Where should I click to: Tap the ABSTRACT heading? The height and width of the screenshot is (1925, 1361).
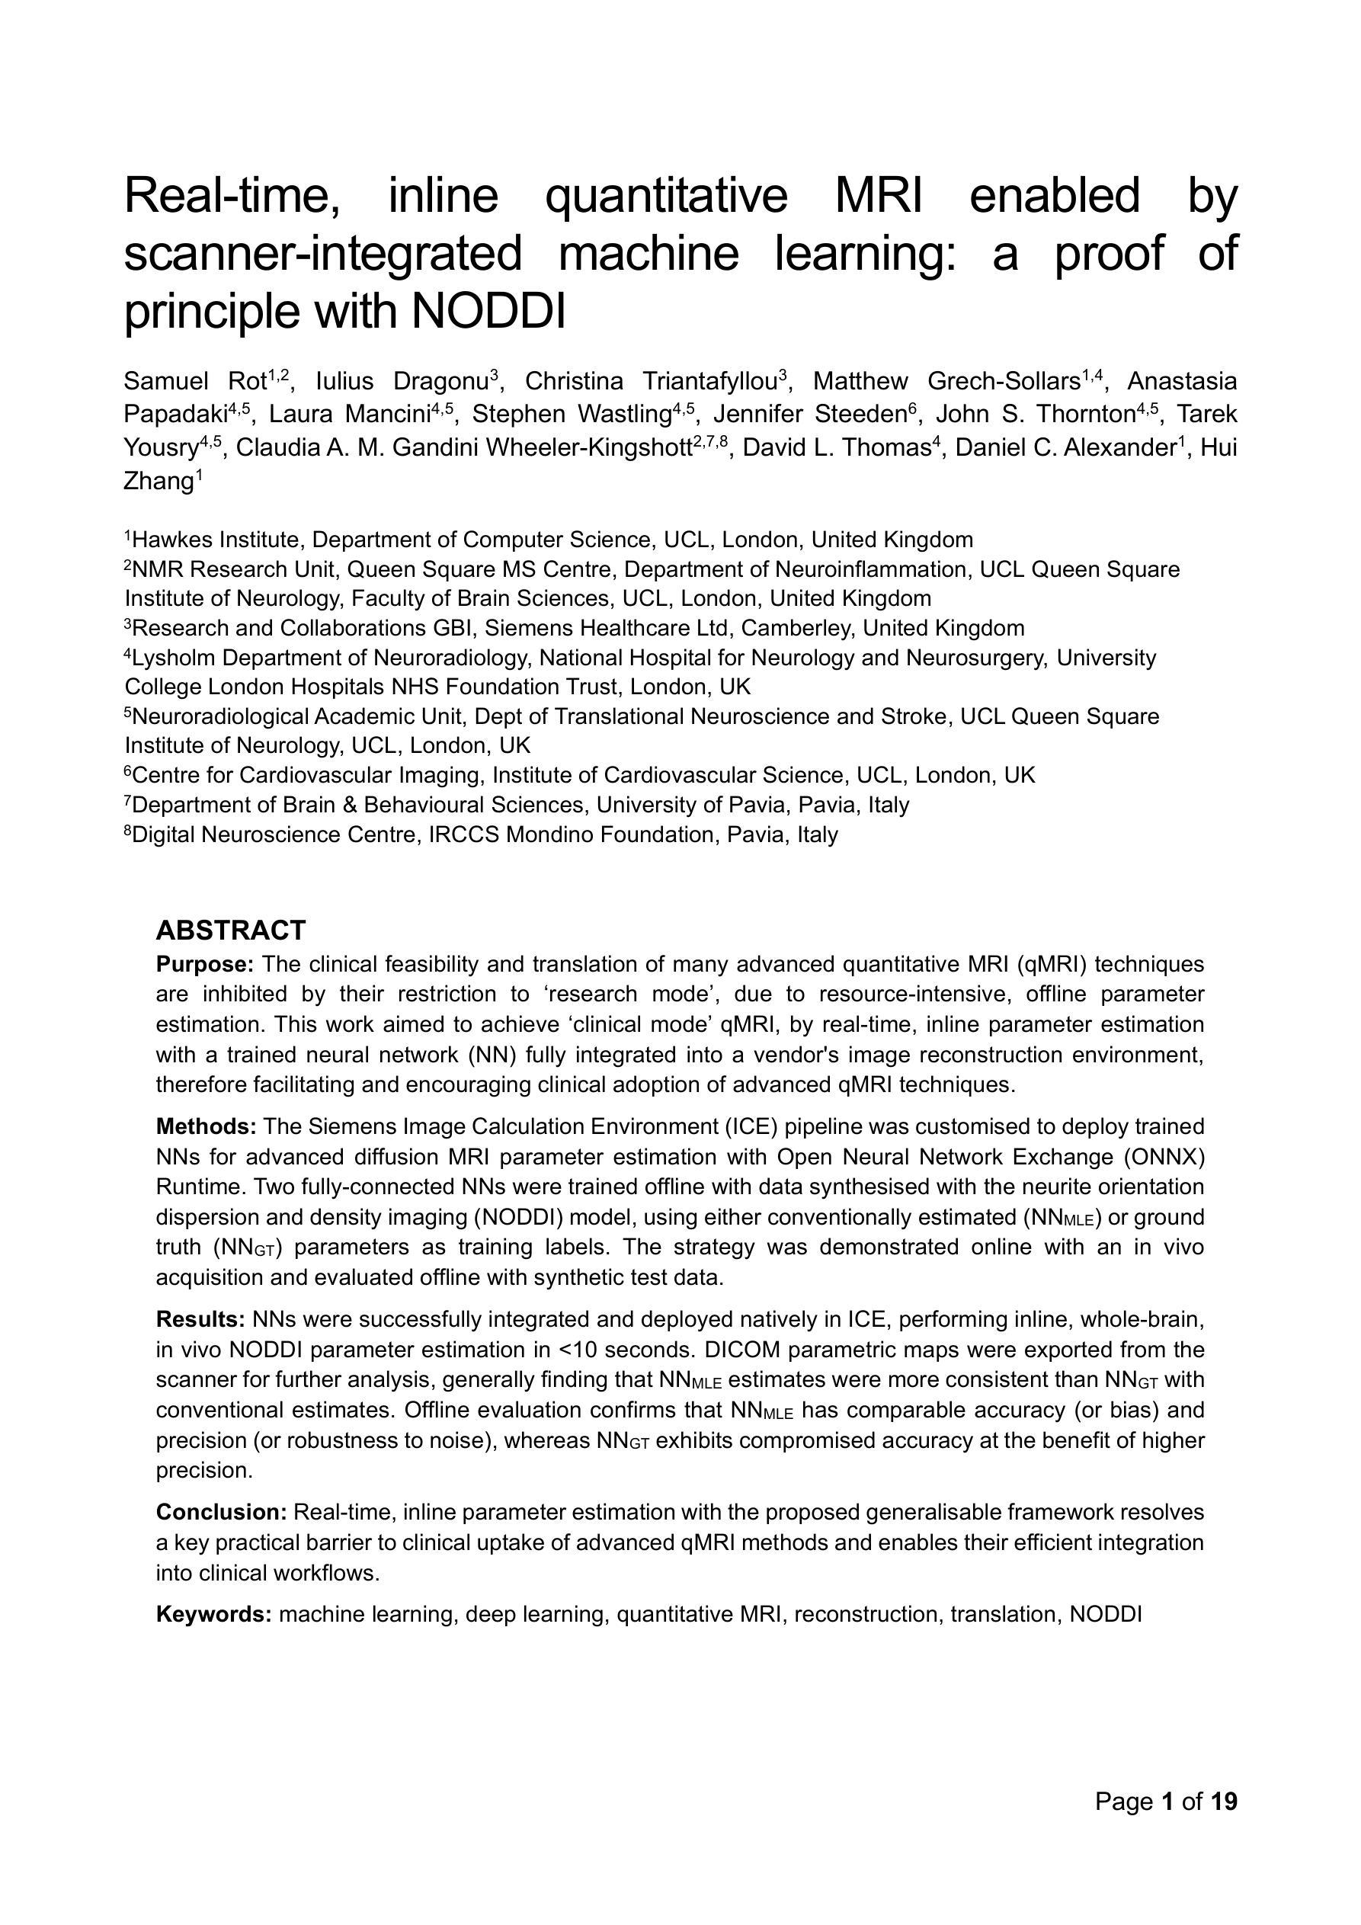click(231, 930)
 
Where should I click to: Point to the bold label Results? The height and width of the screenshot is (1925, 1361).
click(200, 1320)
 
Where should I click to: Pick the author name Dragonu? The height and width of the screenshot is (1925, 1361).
click(441, 382)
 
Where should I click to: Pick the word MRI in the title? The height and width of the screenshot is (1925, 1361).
click(878, 195)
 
